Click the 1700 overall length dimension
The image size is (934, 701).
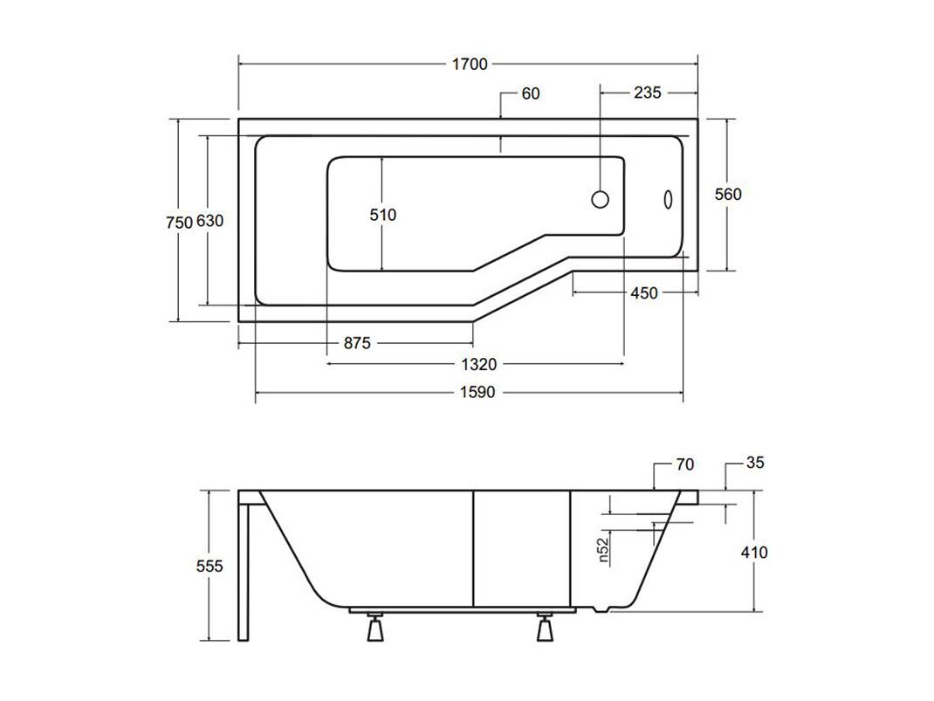coord(470,64)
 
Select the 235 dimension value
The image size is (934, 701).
coord(648,93)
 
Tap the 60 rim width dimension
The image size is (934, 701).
coord(530,93)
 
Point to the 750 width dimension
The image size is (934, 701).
coord(179,222)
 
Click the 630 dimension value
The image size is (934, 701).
coord(209,220)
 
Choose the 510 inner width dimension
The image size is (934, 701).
coord(382,215)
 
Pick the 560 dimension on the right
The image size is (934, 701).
coord(728,194)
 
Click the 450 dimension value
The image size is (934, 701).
coord(644,292)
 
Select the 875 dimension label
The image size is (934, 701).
coord(357,342)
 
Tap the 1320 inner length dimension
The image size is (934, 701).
coord(479,364)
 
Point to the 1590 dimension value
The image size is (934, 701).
coord(477,392)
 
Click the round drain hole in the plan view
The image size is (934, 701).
coord(601,199)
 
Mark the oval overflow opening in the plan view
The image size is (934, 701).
coord(669,200)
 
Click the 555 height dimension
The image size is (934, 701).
coord(209,565)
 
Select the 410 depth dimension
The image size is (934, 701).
coord(754,552)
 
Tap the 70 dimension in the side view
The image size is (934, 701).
coord(685,464)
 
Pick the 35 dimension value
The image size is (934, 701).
coord(755,462)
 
